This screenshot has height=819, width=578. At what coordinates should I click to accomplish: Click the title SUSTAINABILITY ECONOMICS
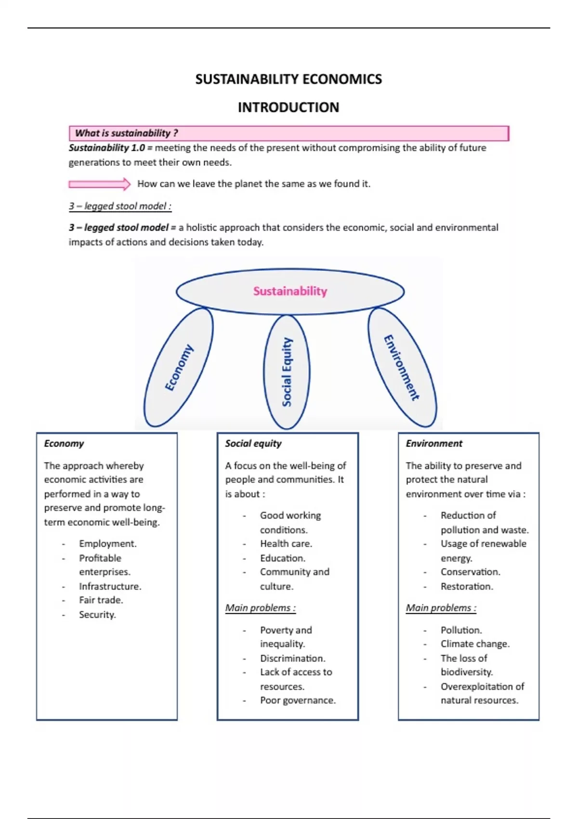pos(289,79)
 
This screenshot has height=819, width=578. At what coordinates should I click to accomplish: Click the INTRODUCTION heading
pos(289,107)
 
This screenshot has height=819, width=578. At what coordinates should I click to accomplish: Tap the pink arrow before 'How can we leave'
pos(99,184)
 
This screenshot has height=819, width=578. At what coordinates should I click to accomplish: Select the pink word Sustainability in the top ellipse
pos(290,291)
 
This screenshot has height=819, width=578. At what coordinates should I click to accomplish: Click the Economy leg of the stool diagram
pos(179,368)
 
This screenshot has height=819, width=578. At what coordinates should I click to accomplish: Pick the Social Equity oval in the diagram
pos(287,372)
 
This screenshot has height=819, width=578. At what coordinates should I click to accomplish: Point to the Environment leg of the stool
pos(402,368)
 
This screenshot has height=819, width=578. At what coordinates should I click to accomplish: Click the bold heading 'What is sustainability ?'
pos(126,133)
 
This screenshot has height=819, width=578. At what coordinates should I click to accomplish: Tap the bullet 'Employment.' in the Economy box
pos(108,544)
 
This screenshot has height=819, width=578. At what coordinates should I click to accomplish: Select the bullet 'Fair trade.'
pos(101,600)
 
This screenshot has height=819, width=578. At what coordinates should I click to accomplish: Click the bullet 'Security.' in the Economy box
pos(97,615)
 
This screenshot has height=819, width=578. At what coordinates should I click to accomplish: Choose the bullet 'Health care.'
pos(286,544)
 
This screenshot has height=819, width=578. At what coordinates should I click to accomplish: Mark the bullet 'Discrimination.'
pos(293,659)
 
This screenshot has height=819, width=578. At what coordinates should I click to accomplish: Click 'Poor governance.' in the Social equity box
pos(298,700)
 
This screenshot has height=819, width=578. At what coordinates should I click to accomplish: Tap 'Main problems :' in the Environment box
pos(441,608)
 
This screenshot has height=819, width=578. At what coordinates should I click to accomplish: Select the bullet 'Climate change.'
pos(475,644)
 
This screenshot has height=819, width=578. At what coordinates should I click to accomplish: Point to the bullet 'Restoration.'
pos(467,587)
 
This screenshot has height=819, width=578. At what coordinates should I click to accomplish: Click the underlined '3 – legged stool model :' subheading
pos(120,206)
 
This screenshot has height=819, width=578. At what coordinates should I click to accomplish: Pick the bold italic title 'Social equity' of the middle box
pos(253,444)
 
